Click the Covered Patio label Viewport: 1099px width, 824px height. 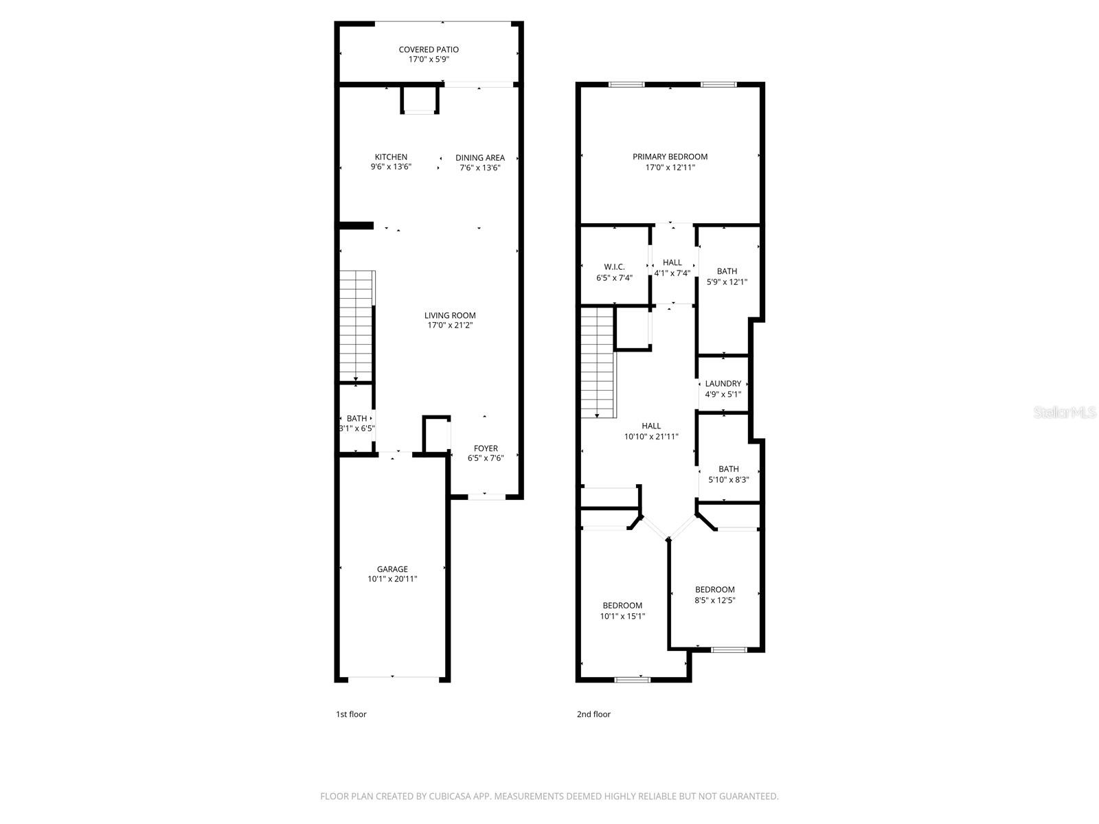tap(429, 49)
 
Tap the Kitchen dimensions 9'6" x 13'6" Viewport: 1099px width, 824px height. tap(391, 167)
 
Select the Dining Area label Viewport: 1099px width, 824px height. tap(479, 157)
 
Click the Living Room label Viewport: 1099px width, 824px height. tap(450, 315)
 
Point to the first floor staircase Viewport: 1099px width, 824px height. tap(356, 326)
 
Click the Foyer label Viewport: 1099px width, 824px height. tap(486, 448)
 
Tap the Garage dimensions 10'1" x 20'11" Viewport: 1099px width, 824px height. tap(392, 579)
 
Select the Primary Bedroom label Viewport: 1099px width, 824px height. tap(670, 157)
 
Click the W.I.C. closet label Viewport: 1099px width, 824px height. tap(614, 266)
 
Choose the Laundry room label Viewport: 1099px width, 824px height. tap(723, 384)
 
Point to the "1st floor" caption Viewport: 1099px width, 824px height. tap(351, 714)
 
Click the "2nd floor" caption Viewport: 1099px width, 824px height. tap(593, 714)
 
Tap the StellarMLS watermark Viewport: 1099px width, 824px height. tap(1065, 413)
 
